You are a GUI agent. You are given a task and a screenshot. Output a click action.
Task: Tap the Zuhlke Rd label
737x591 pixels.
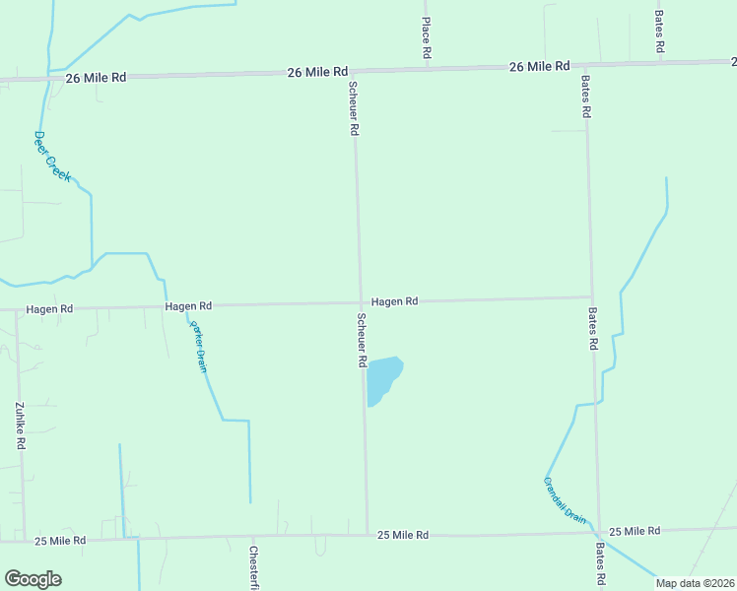click(x=20, y=426)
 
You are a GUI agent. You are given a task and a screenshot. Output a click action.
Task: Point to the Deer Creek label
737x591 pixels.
click(x=52, y=156)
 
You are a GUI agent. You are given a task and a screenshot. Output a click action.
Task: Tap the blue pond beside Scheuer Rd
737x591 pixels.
click(x=382, y=378)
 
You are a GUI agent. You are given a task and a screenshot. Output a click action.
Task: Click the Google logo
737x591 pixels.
click(x=33, y=579)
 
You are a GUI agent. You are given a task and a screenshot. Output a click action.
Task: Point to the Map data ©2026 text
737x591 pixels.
click(x=694, y=583)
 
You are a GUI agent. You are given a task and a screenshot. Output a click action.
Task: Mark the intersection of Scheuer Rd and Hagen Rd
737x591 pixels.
click(x=360, y=303)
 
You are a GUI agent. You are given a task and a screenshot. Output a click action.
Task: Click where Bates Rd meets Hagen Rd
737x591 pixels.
click(x=591, y=297)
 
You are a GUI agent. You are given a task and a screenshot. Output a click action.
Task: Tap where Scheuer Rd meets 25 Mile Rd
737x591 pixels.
click(x=368, y=534)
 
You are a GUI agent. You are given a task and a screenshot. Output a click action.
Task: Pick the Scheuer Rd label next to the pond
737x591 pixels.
click(x=362, y=341)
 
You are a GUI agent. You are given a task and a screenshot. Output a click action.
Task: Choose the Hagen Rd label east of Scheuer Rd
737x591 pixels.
click(x=395, y=301)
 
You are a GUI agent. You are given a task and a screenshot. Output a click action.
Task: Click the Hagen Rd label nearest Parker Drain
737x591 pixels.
click(x=188, y=306)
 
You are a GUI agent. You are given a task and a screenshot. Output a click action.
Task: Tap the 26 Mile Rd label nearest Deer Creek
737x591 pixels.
click(x=97, y=76)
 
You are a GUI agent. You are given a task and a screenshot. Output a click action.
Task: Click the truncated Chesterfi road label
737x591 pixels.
click(x=253, y=568)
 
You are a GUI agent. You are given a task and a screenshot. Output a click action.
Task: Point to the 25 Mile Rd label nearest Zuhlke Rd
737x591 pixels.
click(x=60, y=541)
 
